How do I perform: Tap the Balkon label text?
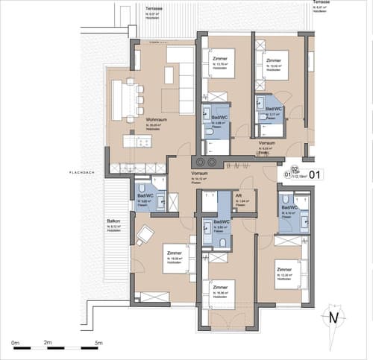[113, 221]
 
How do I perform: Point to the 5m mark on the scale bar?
[98, 344]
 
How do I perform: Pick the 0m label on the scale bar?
[16, 344]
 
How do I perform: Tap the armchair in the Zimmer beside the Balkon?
[145, 236]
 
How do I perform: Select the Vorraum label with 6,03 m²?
[268, 142]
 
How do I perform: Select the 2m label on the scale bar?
[48, 344]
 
